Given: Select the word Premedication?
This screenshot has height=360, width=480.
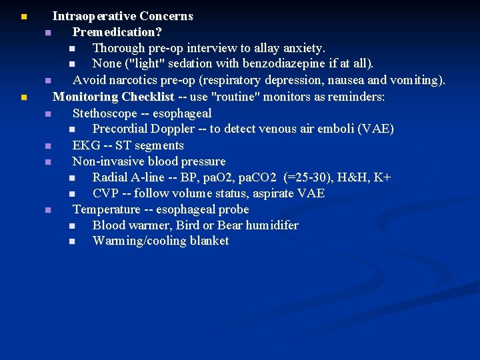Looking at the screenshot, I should point(117,32).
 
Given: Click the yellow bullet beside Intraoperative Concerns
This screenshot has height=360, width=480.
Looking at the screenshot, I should point(23,16).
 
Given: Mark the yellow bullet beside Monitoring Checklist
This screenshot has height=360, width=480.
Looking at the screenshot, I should point(23,97).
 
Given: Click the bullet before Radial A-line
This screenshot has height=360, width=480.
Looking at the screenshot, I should point(71,178).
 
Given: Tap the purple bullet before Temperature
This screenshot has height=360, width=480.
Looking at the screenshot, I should point(48,210).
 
